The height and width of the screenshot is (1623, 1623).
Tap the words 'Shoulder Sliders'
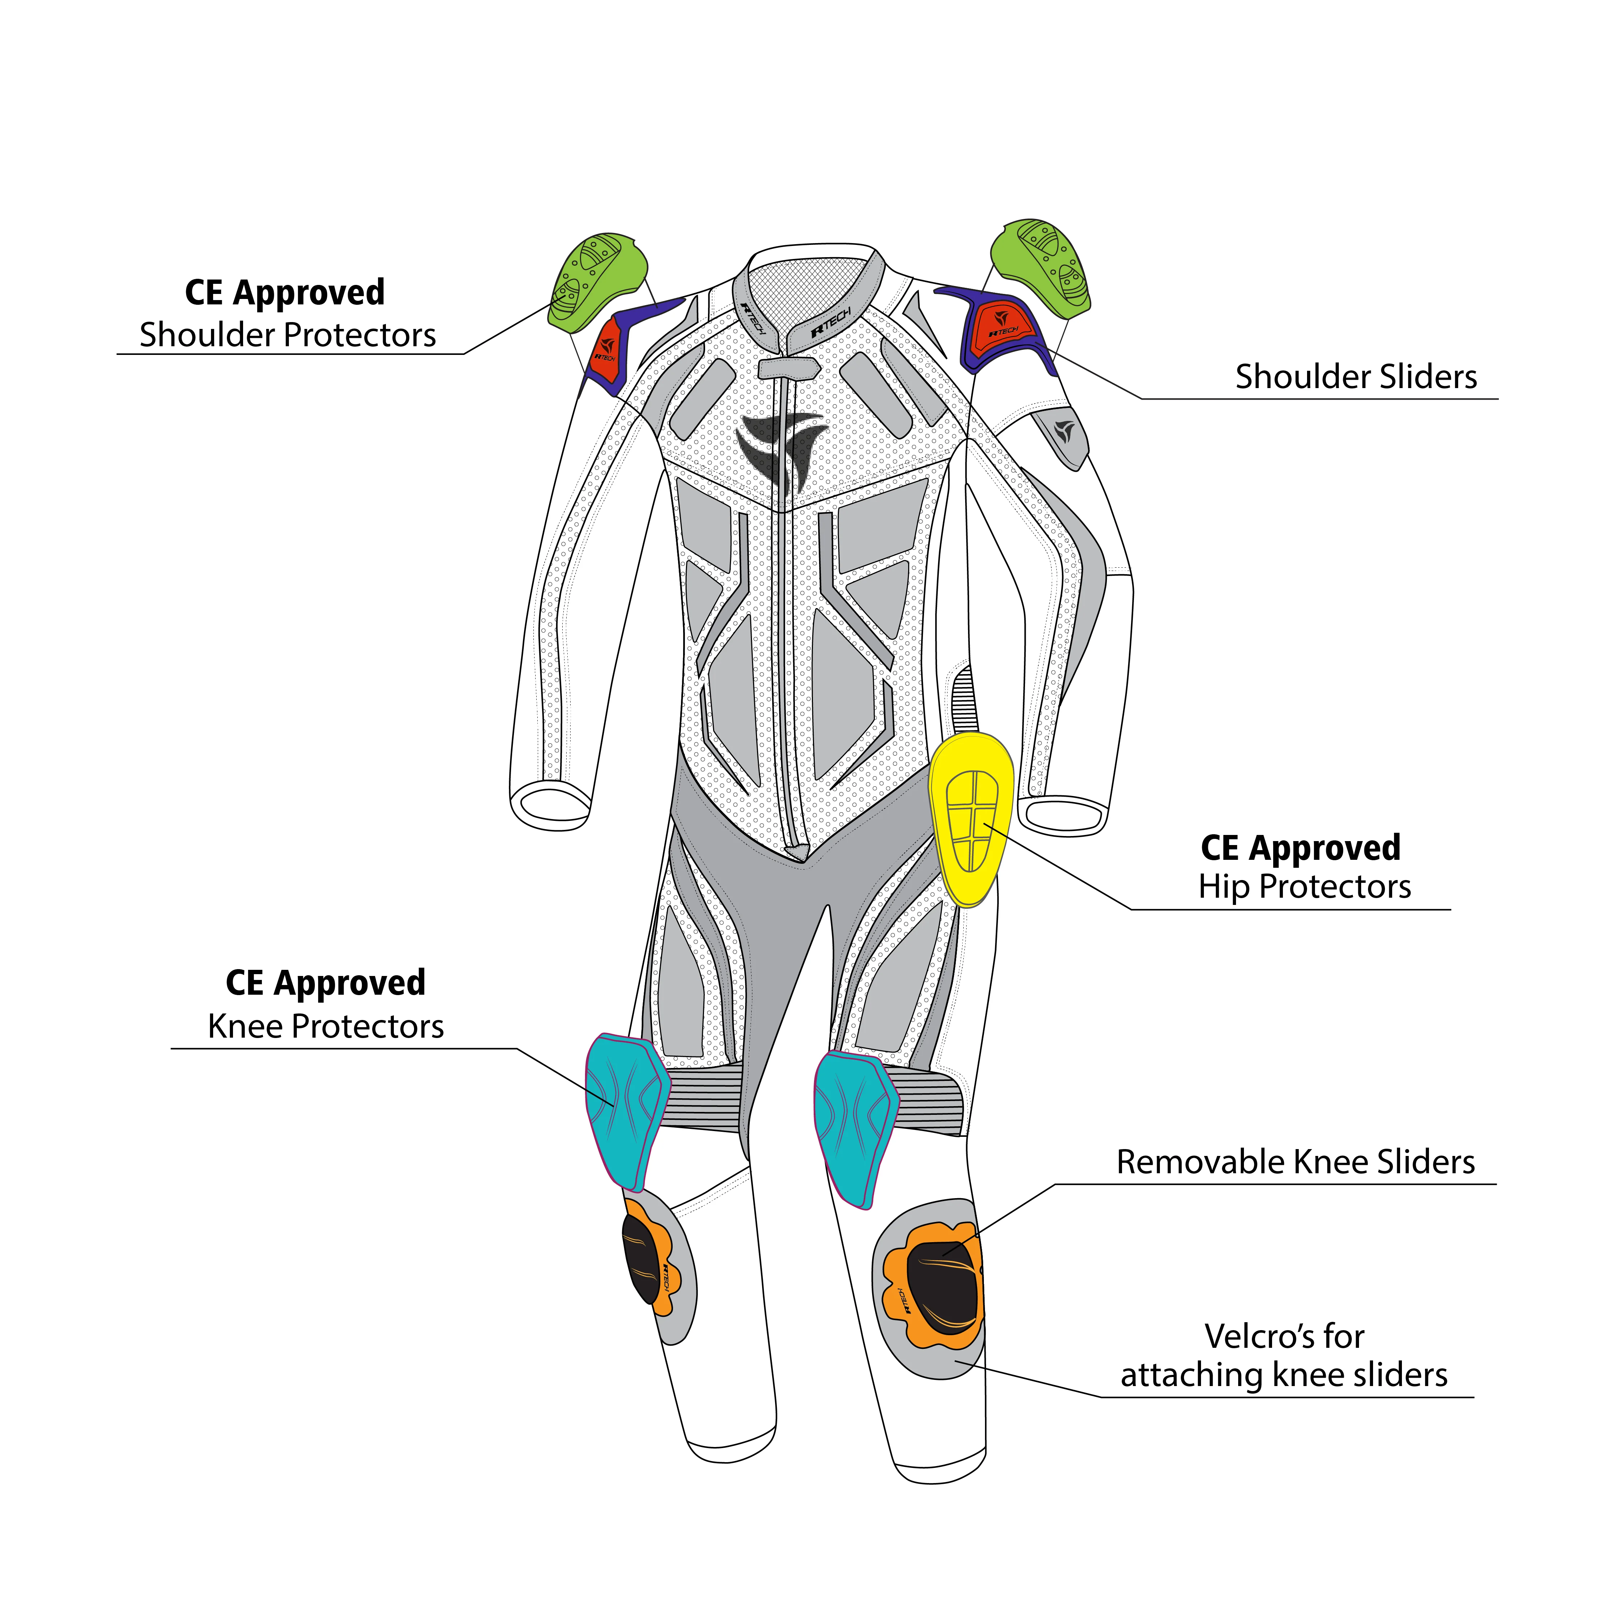(1356, 376)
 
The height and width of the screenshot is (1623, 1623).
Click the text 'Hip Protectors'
(1305, 887)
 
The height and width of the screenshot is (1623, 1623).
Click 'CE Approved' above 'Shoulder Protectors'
(285, 293)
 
